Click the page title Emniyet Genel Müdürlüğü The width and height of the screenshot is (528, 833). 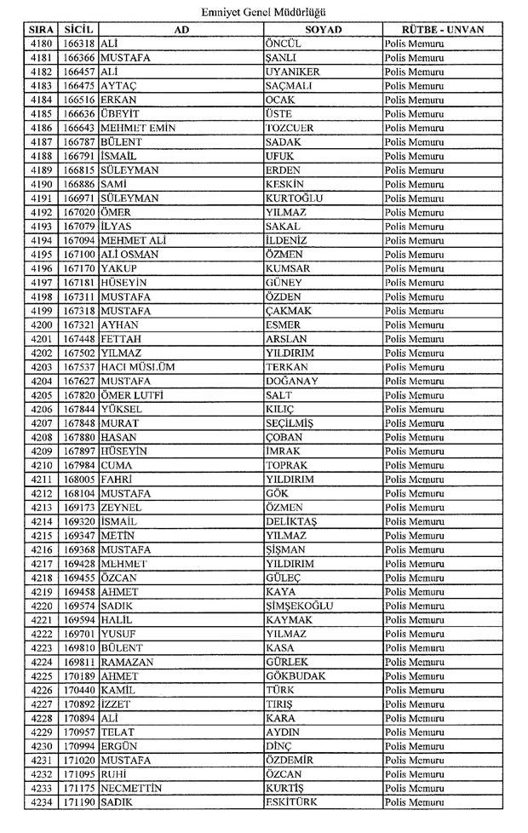pos(263,11)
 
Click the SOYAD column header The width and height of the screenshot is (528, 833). pos(322,29)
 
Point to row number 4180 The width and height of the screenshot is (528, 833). pos(40,43)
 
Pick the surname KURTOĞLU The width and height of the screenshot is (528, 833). pos(294,198)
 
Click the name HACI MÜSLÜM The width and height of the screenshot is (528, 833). pos(137,367)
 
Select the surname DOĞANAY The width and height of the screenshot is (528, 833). pos(294,381)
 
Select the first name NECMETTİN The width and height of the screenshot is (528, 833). pos(130,789)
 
